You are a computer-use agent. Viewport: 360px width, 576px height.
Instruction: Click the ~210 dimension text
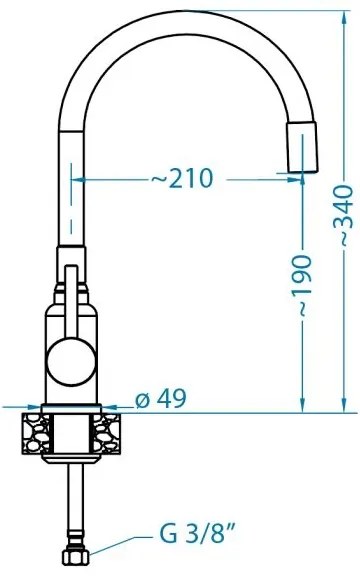click(182, 179)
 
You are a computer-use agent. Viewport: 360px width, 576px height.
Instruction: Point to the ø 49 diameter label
click(159, 399)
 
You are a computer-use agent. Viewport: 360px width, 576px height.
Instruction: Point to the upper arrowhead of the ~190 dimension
click(302, 180)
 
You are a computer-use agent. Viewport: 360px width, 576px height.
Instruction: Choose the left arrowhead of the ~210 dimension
click(82, 179)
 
